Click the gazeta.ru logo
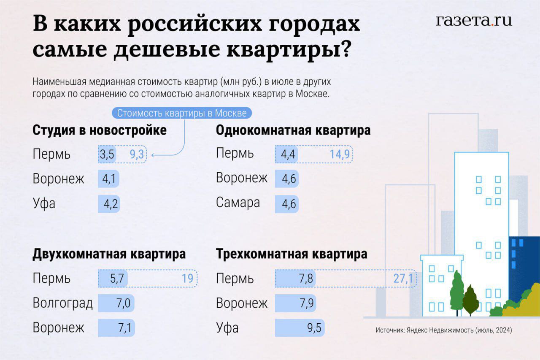pos(474,21)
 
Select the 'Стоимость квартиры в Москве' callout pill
pos(182,113)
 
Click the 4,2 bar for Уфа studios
pos(109,203)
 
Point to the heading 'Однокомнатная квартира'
pos(293,130)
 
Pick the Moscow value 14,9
pos(340,154)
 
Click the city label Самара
pos(238,203)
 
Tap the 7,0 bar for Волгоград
pos(116,303)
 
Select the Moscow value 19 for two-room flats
pos(187,279)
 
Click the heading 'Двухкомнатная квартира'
pos(109,254)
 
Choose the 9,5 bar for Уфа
pos(300,328)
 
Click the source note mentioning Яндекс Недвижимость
pos(444,330)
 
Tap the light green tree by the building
pos(456,291)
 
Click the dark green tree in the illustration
pos(470,300)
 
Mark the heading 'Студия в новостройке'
pos(100,130)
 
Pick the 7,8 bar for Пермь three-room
pos(295,279)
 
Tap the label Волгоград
pos(62,303)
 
